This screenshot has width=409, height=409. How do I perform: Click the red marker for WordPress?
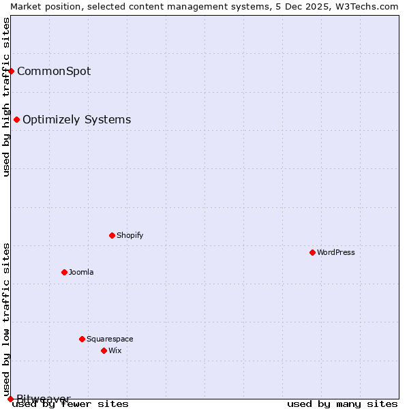coord(312,252)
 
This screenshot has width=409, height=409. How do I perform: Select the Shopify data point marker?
coord(112,235)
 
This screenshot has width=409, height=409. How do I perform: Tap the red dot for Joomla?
coord(64,272)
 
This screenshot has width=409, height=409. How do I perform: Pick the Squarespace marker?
coord(82,339)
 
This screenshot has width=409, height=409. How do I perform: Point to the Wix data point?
coord(104,350)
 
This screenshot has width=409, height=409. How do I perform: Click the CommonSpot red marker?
coord(11,71)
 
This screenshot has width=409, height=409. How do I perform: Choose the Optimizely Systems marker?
coord(16,120)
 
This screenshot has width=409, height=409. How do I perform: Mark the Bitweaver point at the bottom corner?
coord(10,399)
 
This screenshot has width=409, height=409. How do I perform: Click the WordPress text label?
coord(336,252)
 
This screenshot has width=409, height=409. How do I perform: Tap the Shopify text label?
coord(130,235)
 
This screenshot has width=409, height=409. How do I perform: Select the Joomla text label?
coord(81,272)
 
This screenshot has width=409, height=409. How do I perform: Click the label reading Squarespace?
coord(110,339)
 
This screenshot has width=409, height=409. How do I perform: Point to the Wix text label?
coord(115,350)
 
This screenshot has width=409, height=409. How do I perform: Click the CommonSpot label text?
coord(54,71)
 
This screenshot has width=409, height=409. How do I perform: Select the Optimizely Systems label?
coord(77,120)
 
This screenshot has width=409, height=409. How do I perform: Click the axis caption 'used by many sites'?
coord(342,404)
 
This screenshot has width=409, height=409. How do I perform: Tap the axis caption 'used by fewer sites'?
coord(71,404)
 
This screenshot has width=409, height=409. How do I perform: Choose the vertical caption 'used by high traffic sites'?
coord(6,97)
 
